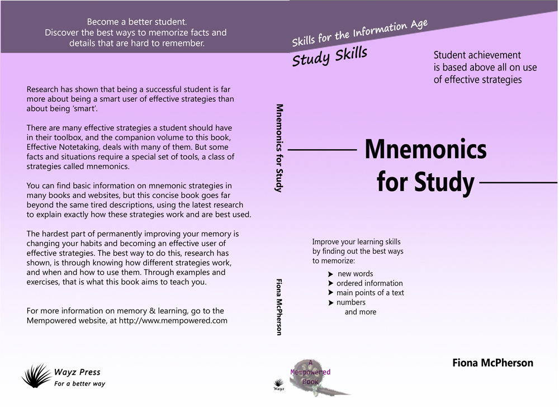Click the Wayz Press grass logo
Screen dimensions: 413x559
coord(37,376)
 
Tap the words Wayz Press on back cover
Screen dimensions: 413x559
coord(77,372)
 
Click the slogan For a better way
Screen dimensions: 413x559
coord(79,384)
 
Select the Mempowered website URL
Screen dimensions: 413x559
coord(173,321)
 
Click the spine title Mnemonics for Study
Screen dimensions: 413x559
coord(279,148)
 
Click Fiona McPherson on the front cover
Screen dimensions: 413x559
coord(492,363)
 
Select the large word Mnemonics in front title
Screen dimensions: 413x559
coord(425,149)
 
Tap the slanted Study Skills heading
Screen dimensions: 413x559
coord(330,56)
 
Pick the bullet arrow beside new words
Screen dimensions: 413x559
coord(331,274)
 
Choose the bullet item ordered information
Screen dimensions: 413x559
coord(369,283)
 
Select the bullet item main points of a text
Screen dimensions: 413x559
coord(370,293)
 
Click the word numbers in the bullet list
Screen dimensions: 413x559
coord(351,302)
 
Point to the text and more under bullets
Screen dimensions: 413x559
coord(361,312)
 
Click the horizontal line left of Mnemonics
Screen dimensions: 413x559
coord(322,150)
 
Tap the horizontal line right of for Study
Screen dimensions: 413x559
coord(519,182)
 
